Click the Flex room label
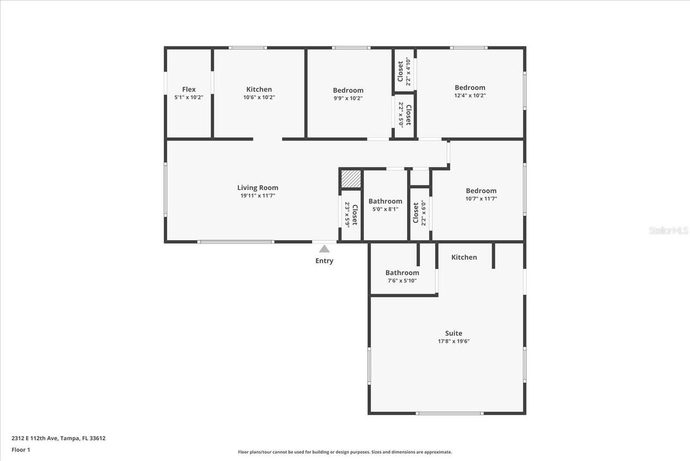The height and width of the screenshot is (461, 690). pyautogui.click(x=189, y=90)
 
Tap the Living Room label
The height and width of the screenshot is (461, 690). pyautogui.click(x=258, y=188)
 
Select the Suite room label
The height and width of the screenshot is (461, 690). pyautogui.click(x=453, y=333)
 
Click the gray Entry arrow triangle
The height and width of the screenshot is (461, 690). pyautogui.click(x=324, y=249)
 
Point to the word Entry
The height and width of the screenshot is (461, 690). pyautogui.click(x=324, y=261)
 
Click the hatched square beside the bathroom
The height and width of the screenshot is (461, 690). pyautogui.click(x=351, y=179)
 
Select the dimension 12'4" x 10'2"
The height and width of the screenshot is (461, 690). pyautogui.click(x=470, y=95)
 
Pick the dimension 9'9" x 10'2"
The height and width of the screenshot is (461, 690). pyautogui.click(x=348, y=98)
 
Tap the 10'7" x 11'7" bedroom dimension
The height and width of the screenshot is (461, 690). pyautogui.click(x=481, y=199)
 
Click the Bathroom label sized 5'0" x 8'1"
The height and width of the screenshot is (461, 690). pyautogui.click(x=385, y=201)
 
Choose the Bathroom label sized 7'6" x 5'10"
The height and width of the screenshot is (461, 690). pyautogui.click(x=402, y=273)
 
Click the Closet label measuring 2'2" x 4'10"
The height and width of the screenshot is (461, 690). pyautogui.click(x=401, y=71)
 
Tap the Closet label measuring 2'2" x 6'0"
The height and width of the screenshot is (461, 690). pyautogui.click(x=416, y=213)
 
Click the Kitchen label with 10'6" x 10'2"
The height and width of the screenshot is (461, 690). pyautogui.click(x=259, y=90)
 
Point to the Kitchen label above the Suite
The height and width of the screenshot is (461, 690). pyautogui.click(x=464, y=257)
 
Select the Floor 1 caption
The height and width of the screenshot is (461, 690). pyautogui.click(x=21, y=449)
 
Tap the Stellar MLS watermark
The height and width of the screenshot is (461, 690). pyautogui.click(x=668, y=231)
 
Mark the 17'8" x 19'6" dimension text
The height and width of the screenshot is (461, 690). pyautogui.click(x=453, y=341)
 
